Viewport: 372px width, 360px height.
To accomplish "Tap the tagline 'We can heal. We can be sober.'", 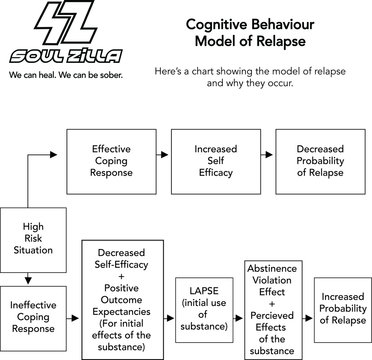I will pos(66,76).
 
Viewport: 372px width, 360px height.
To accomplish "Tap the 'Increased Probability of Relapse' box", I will pos(343,307).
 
